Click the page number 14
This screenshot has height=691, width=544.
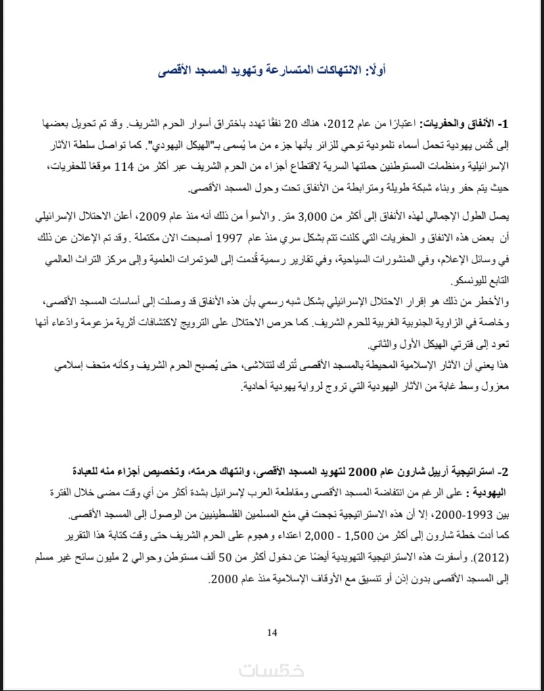click(x=273, y=633)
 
